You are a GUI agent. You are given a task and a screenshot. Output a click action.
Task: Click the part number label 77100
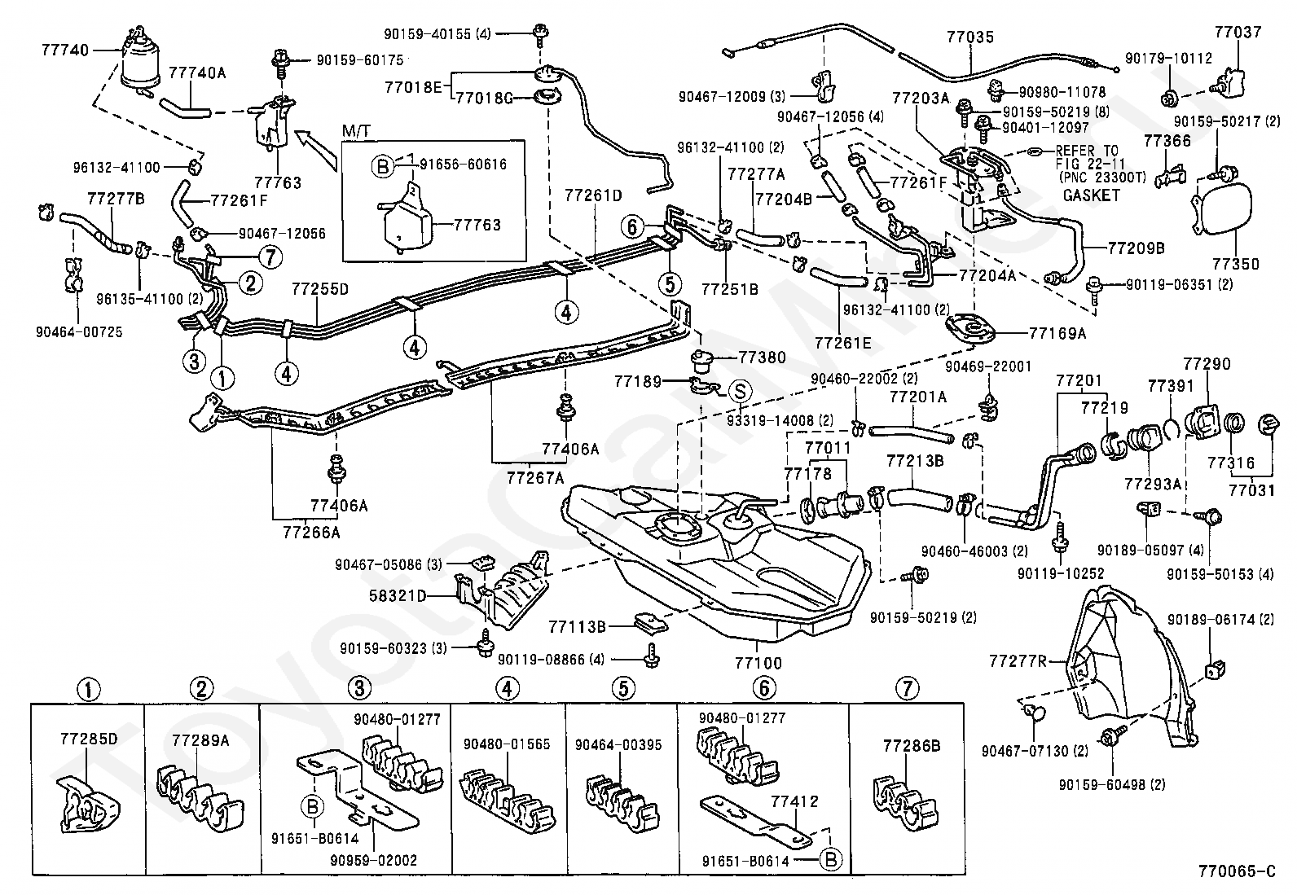[758, 663]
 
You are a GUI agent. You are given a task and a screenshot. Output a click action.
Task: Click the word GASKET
[1091, 195]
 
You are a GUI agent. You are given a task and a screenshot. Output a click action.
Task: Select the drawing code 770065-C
[1236, 871]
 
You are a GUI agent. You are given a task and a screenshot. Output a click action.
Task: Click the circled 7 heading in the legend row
[906, 689]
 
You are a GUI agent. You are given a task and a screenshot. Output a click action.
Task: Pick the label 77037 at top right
[1237, 33]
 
